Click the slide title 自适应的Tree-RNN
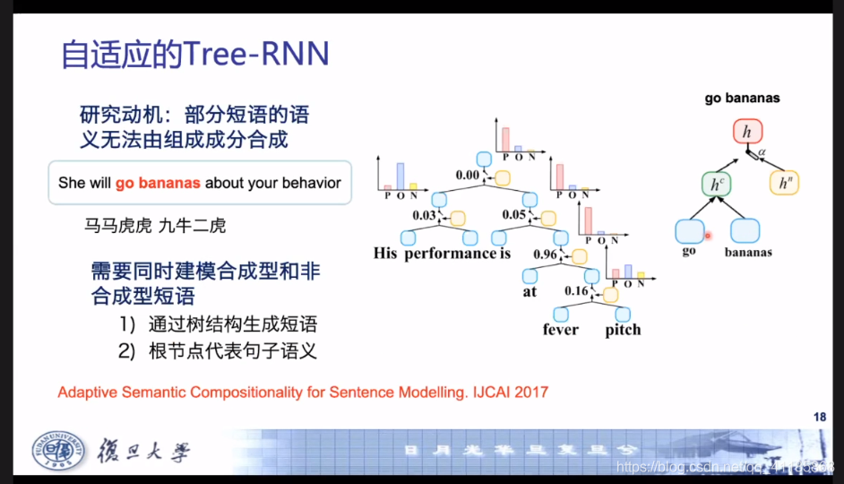click(194, 55)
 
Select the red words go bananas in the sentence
click(158, 183)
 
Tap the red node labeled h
click(745, 133)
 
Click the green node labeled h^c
click(715, 185)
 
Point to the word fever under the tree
click(561, 330)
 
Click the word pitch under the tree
click(623, 330)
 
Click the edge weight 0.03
click(425, 216)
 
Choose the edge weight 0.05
click(514, 216)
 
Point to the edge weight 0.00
click(469, 176)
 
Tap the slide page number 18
click(819, 417)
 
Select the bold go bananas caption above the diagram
click(742, 99)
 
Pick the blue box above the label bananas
click(745, 230)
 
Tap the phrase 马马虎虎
click(117, 226)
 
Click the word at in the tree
click(530, 291)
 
